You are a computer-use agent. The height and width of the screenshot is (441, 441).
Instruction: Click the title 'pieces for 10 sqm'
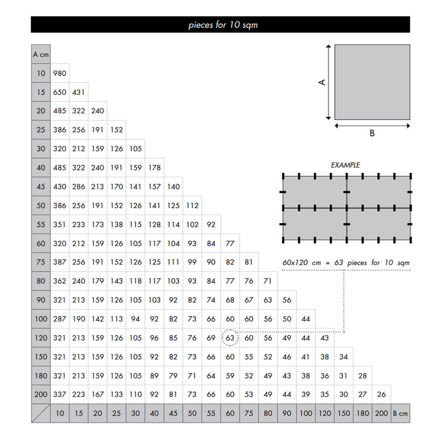coord(223,25)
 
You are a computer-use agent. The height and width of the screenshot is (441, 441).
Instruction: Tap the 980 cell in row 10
coord(60,73)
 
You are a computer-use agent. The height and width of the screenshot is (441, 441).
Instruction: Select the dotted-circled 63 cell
coord(230,338)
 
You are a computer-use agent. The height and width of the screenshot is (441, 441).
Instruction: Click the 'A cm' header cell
coord(41,55)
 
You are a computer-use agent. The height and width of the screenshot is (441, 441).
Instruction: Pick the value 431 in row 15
coord(78,92)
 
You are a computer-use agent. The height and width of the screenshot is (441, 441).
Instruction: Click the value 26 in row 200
coord(381,394)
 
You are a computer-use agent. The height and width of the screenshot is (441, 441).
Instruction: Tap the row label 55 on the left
coord(41,224)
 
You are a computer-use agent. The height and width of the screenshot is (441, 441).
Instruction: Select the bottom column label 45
coord(173,413)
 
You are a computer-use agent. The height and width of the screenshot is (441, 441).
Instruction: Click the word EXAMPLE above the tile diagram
coord(345,165)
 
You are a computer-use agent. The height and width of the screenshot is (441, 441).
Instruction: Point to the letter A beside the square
coord(322,82)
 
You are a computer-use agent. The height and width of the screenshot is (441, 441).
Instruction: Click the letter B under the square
coord(372,133)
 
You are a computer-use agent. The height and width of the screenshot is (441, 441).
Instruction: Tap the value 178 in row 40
coord(154,168)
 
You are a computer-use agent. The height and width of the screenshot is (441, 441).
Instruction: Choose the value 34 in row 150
coord(344,357)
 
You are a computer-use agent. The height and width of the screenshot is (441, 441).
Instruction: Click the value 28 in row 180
coord(363,376)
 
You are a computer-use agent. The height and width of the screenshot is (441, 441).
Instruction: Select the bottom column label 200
coord(381,413)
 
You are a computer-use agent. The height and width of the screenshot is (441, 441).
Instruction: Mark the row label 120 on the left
coord(41,338)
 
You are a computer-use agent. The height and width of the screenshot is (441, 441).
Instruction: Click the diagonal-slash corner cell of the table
coord(41,413)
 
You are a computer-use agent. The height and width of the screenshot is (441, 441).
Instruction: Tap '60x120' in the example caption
coord(296,262)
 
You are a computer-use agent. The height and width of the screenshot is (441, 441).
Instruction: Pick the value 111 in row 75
coord(173,262)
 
